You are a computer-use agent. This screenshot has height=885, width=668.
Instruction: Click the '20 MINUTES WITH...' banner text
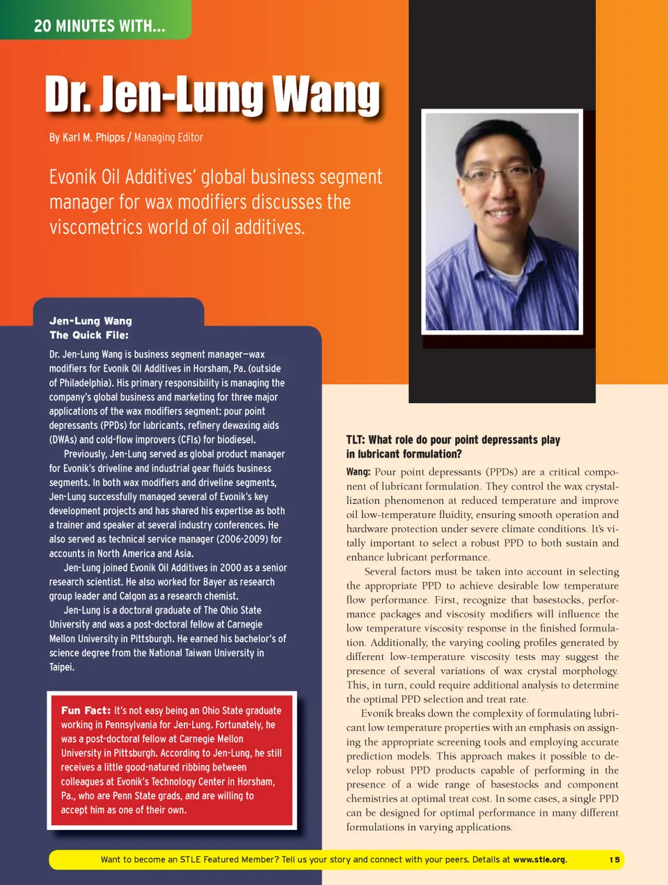(x=100, y=26)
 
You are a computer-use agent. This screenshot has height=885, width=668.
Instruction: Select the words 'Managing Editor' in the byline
(x=168, y=138)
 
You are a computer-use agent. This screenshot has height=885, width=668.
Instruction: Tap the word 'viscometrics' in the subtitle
(x=91, y=228)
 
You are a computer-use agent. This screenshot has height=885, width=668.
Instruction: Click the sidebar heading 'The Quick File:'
(x=89, y=335)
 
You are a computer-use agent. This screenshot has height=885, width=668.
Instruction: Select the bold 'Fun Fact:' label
(x=86, y=710)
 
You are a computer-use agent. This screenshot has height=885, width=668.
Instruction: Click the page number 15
(x=614, y=860)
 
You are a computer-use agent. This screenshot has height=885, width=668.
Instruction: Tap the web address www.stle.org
(x=539, y=860)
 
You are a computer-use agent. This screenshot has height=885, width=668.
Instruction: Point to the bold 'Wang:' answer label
(x=358, y=472)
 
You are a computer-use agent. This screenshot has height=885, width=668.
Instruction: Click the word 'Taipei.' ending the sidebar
(x=62, y=667)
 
